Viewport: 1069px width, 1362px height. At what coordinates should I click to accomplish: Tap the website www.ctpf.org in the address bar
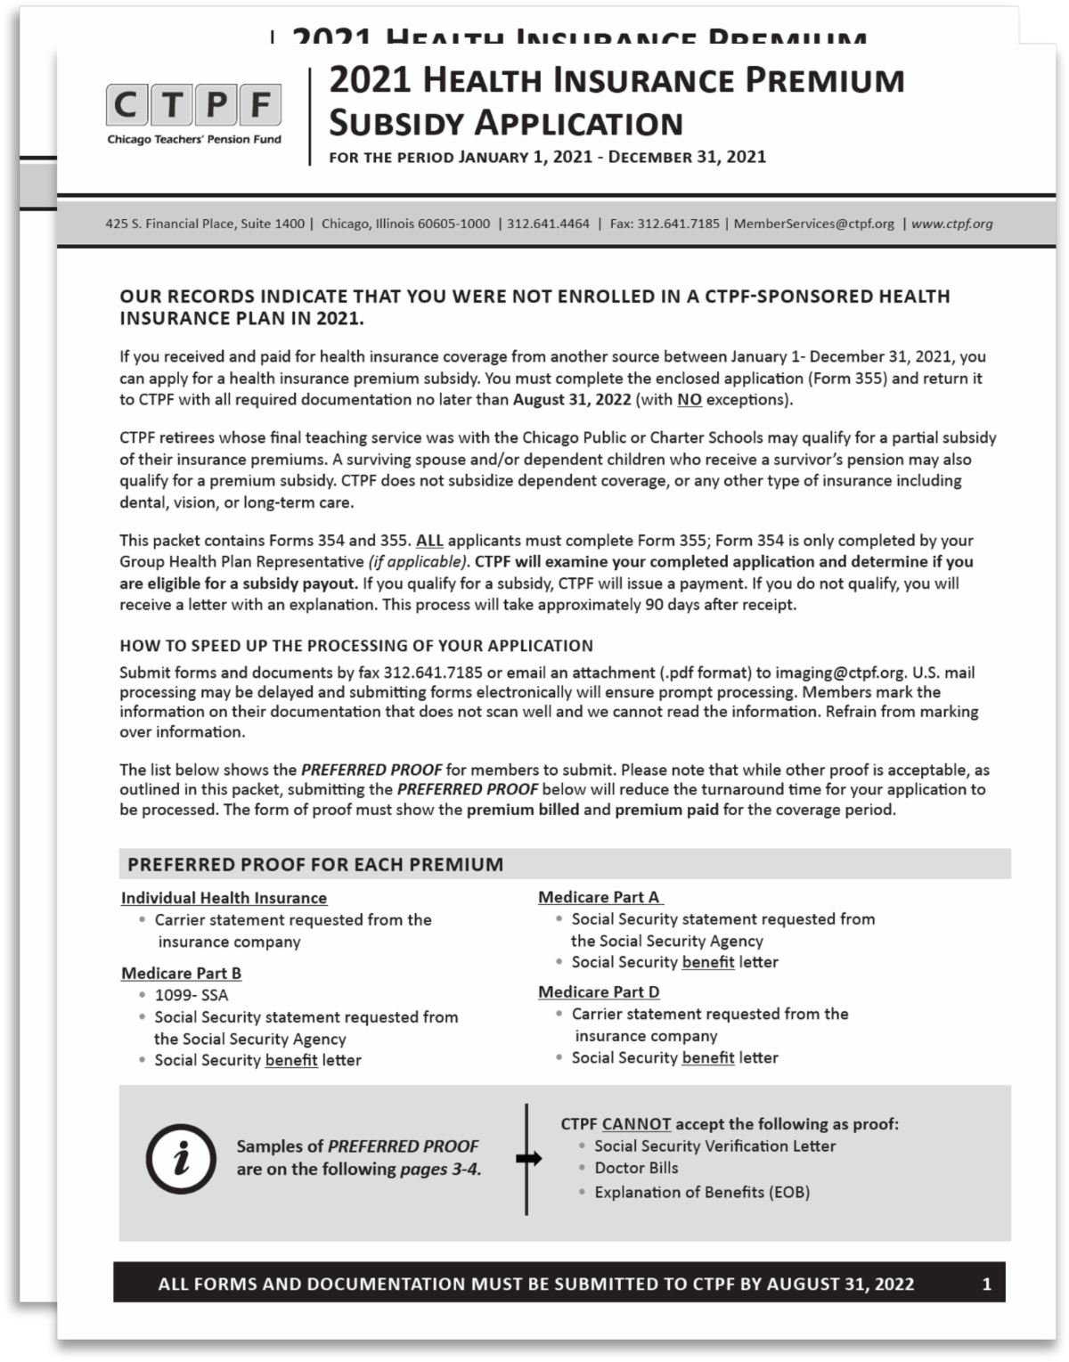point(951,224)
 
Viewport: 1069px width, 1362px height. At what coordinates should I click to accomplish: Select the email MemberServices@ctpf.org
point(813,224)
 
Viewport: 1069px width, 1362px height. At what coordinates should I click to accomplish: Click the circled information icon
point(181,1158)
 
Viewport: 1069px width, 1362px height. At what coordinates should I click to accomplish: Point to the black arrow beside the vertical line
point(528,1158)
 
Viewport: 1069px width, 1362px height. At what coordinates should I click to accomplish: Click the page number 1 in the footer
point(986,1284)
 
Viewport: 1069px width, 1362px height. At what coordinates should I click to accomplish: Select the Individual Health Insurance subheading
point(224,898)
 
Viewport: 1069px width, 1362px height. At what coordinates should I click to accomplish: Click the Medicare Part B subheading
point(182,973)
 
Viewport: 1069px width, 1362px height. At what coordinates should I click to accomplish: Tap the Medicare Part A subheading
point(600,897)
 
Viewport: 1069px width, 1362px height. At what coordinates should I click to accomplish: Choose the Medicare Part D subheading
point(599,991)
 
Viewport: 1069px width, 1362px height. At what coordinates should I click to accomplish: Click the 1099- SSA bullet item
point(191,995)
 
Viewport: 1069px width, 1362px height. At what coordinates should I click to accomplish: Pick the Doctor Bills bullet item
point(636,1168)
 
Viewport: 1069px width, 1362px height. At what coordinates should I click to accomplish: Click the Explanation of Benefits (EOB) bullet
point(702,1192)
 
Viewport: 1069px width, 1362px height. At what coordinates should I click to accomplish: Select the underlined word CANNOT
point(636,1124)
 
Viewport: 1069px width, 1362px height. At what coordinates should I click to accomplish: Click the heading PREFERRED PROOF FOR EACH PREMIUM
point(315,864)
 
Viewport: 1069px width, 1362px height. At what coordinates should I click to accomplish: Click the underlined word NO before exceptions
point(690,399)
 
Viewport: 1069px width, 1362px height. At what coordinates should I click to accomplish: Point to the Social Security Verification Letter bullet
point(714,1146)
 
